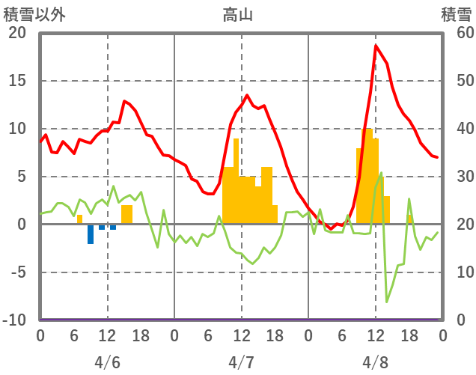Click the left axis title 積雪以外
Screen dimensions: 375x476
point(34,14)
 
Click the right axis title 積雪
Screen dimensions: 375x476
point(456,14)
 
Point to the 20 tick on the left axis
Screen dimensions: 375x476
point(17,33)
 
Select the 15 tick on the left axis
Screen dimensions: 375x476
point(17,81)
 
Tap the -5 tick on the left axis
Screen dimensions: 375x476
point(17,272)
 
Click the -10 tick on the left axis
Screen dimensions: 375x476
point(14,320)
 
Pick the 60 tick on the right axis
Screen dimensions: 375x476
point(457,33)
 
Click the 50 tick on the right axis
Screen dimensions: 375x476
point(457,81)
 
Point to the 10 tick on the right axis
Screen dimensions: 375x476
point(457,272)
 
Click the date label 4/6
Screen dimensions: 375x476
point(107,362)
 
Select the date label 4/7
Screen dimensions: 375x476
point(241,362)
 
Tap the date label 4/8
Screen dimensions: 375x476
point(375,362)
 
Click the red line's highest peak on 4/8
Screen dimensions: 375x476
point(376,46)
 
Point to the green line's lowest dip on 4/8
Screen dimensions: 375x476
point(387,302)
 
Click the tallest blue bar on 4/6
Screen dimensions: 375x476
point(91,234)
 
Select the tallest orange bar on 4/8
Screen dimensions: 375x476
point(367,176)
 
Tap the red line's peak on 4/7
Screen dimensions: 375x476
point(247,95)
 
